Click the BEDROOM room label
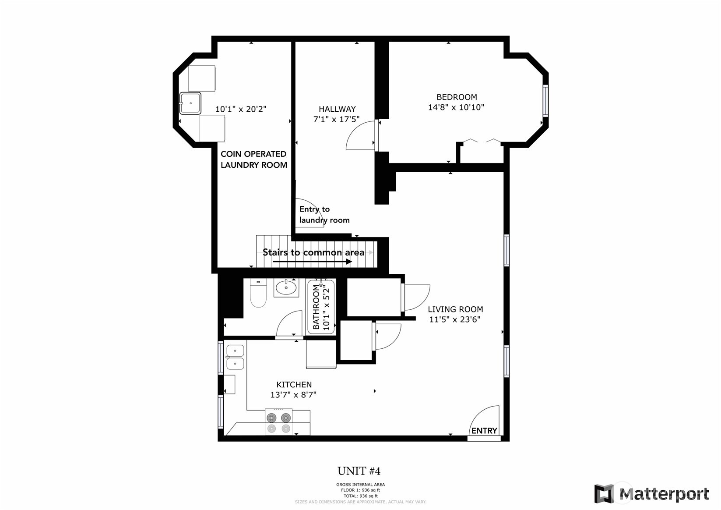[x=456, y=97]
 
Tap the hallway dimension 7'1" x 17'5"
[x=336, y=119]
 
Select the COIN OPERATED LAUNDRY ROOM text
[x=253, y=159]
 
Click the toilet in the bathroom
[x=258, y=294]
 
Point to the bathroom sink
[x=286, y=288]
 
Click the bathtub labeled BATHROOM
[x=321, y=307]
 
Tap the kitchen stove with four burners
[x=279, y=423]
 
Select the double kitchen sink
[x=235, y=357]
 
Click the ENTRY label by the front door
[x=484, y=431]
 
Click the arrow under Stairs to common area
[x=312, y=262]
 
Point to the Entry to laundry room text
[x=324, y=215]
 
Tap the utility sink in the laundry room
[x=190, y=103]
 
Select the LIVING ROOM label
[x=455, y=309]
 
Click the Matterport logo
[x=651, y=494]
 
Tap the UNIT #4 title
[x=359, y=471]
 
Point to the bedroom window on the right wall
[x=545, y=101]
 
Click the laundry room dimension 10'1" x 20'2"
[x=241, y=109]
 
